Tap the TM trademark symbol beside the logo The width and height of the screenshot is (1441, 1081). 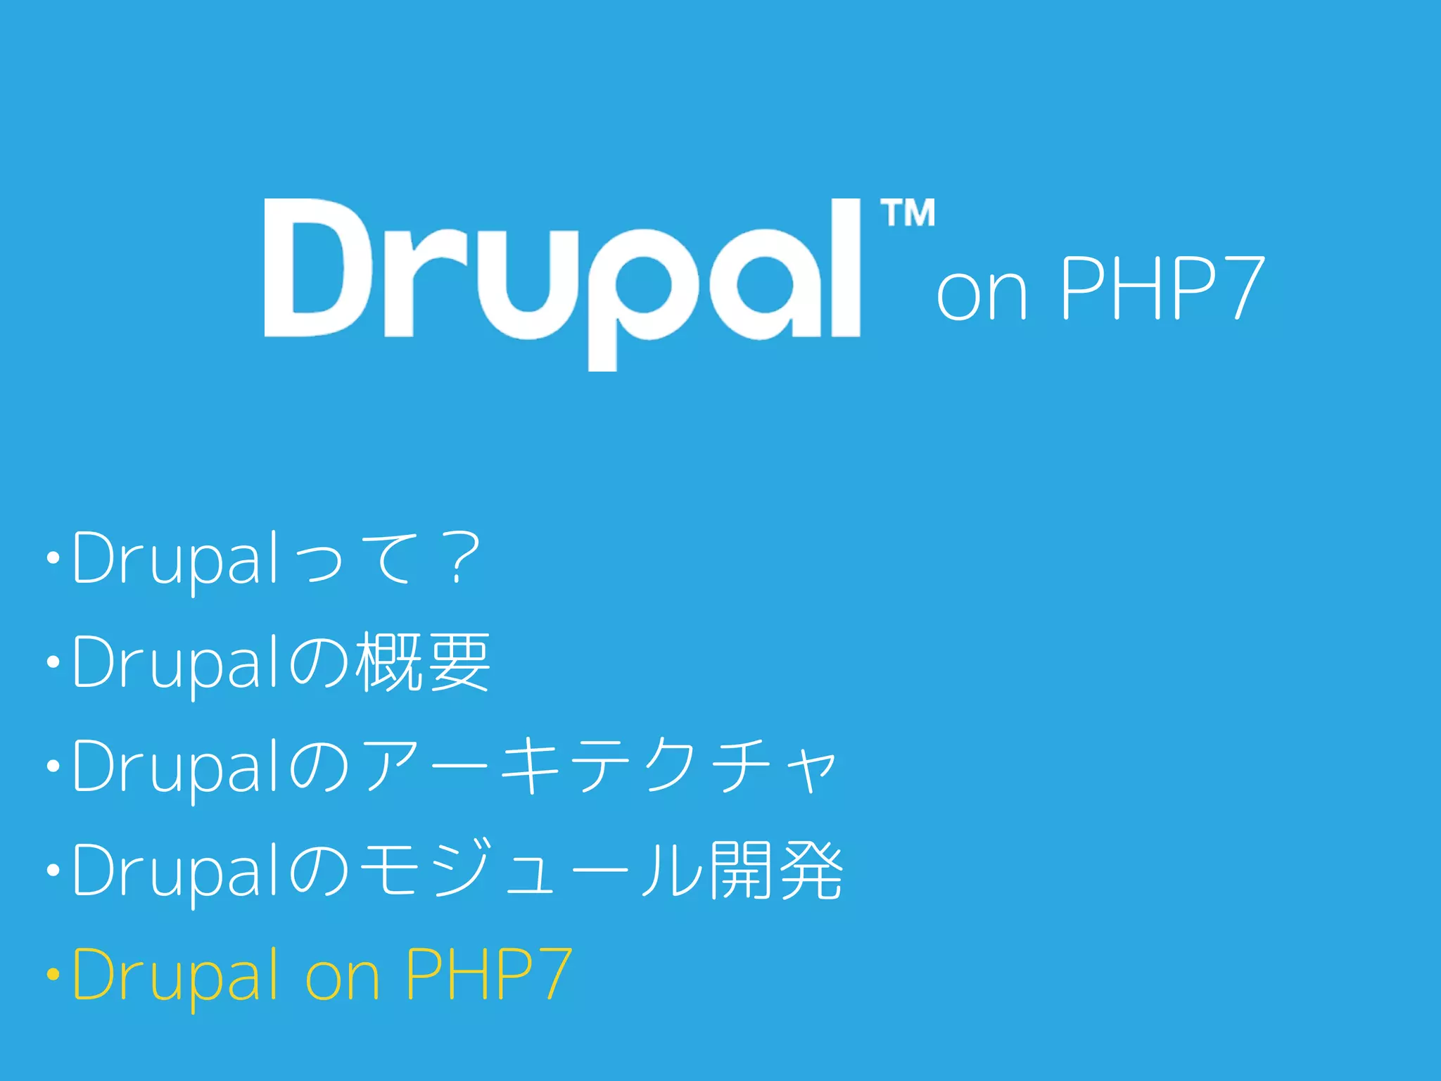pyautogui.click(x=908, y=213)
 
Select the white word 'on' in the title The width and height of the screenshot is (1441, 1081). pyautogui.click(x=982, y=294)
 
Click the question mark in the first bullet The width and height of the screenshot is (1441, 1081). pyautogui.click(x=462, y=558)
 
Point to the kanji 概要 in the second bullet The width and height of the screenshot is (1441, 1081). pyautogui.click(x=423, y=662)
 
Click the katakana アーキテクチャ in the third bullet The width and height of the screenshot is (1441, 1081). pyautogui.click(x=598, y=766)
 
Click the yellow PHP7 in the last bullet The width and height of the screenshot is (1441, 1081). pyautogui.click(x=488, y=974)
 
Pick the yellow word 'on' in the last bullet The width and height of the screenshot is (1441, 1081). pyautogui.click(x=343, y=980)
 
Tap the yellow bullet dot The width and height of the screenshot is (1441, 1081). pyautogui.click(x=53, y=975)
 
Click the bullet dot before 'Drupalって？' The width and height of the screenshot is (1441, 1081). pyautogui.click(x=53, y=559)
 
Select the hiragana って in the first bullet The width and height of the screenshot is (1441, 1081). pyautogui.click(x=359, y=560)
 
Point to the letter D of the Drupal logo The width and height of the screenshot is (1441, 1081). pyautogui.click(x=317, y=267)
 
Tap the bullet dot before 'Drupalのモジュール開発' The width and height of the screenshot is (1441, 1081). pyautogui.click(x=53, y=871)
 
